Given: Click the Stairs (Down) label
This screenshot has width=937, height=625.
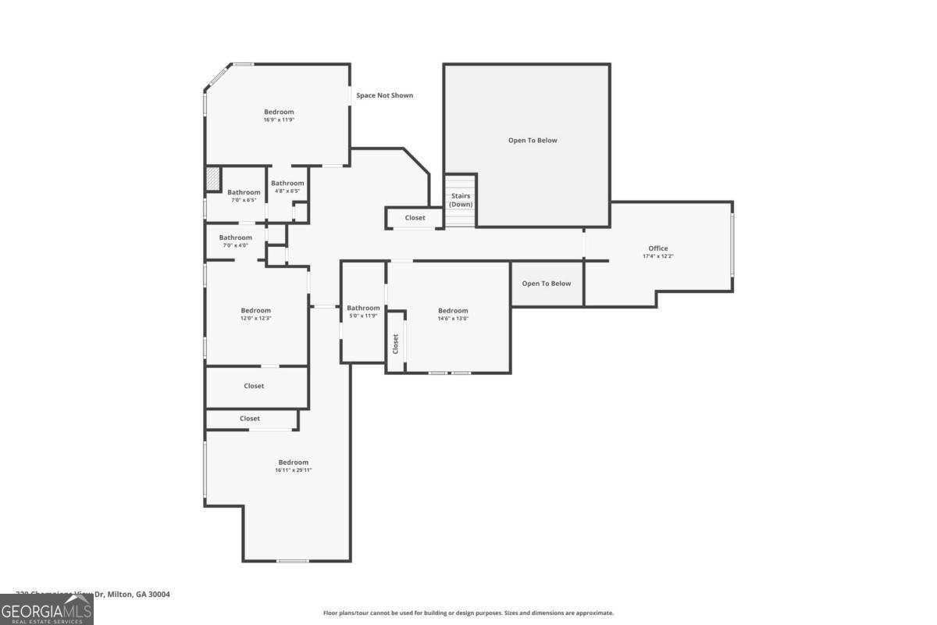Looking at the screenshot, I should click(461, 200).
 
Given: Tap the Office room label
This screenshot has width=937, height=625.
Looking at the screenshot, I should click(658, 248).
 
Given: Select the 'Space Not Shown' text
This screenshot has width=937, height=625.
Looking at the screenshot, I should click(384, 95).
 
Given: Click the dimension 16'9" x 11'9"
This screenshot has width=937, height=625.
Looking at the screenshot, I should click(279, 120).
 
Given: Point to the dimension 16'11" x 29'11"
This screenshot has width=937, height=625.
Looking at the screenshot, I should click(294, 470).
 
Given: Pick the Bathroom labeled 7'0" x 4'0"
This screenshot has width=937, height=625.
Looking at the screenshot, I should click(235, 237).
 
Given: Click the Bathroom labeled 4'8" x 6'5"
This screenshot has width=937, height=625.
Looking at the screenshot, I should click(287, 184).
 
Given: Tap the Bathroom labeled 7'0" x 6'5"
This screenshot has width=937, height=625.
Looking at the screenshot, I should click(244, 192).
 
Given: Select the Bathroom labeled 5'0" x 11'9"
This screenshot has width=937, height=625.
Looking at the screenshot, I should click(363, 308).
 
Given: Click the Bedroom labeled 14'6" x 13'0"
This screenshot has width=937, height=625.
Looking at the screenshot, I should click(453, 311).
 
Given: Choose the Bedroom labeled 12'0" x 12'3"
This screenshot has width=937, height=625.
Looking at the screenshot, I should click(255, 311).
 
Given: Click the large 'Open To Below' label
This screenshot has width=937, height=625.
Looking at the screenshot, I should click(533, 141).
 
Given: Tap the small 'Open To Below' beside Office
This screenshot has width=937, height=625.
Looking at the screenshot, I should click(547, 284).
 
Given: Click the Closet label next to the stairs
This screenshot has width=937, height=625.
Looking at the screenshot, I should click(415, 218).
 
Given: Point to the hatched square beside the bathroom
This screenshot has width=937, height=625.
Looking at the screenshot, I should click(212, 179).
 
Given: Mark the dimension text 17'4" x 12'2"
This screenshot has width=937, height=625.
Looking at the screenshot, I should click(658, 256).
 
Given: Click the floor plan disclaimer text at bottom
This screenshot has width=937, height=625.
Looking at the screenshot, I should click(468, 613).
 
